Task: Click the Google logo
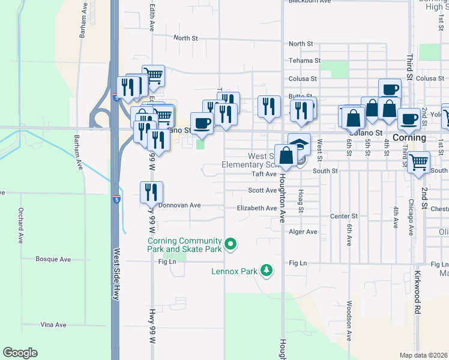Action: [x=20, y=353]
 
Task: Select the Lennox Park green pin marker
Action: [x=267, y=271]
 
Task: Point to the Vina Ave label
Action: [x=53, y=325]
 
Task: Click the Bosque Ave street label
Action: [x=54, y=259]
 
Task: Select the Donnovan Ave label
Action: [x=179, y=205]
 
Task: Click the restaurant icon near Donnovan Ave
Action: [x=151, y=192]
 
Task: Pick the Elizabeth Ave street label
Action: [x=257, y=208]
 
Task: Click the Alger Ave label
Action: [x=303, y=232]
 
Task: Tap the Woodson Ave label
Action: [x=349, y=321]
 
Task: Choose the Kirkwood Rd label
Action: [x=417, y=293]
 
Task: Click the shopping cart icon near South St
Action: [x=418, y=161]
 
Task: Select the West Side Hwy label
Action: [x=116, y=274]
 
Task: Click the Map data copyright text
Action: [x=424, y=355]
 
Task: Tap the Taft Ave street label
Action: [x=264, y=174]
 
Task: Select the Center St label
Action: [x=344, y=216]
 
